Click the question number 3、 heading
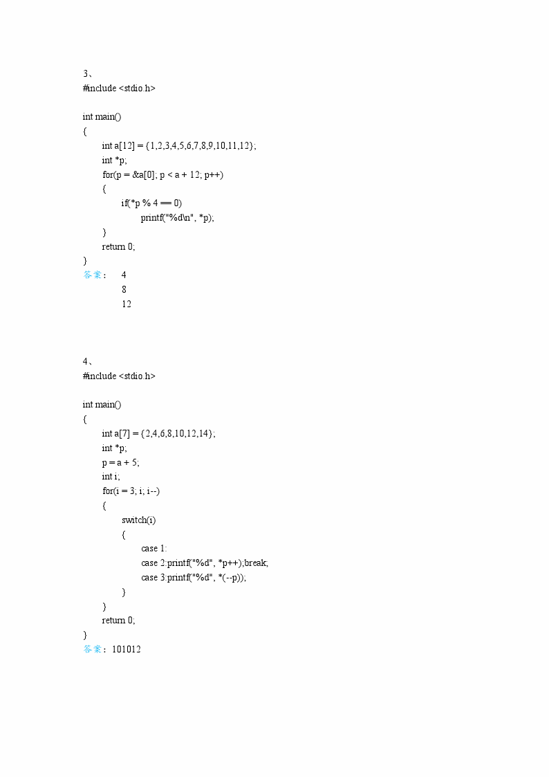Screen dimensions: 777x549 (89, 74)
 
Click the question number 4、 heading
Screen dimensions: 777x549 (89, 362)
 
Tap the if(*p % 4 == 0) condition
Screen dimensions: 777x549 (151, 203)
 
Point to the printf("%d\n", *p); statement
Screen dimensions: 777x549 (177, 217)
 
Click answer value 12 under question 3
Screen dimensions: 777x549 (127, 304)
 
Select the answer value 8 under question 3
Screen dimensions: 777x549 (124, 289)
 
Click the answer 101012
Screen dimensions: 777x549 (126, 650)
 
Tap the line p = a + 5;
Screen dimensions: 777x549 (120, 462)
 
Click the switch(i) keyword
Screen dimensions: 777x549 (133, 520)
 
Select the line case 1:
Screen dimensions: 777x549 (154, 549)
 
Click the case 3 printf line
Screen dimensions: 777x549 (194, 578)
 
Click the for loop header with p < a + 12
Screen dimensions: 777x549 (163, 174)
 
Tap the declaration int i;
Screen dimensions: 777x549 (111, 477)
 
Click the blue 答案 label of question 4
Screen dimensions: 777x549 (93, 650)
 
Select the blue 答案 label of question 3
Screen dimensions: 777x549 (93, 275)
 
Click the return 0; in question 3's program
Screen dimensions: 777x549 (118, 246)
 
